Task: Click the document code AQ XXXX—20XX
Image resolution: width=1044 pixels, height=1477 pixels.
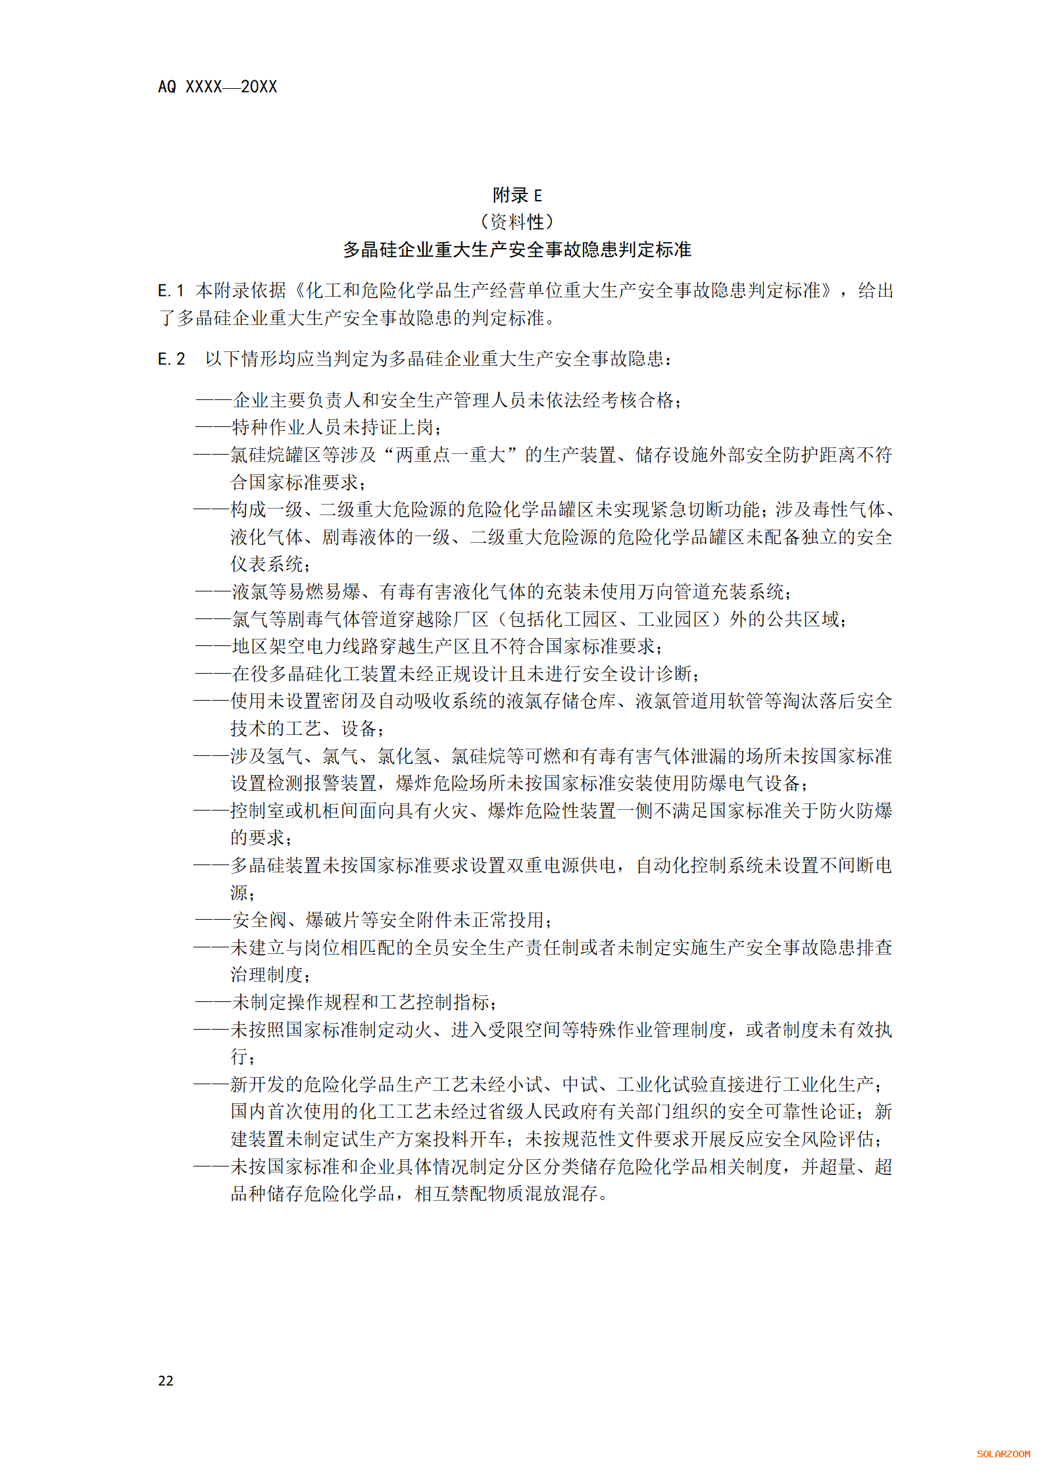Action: point(217,87)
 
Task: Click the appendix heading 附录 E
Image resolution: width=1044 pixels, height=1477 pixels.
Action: point(517,195)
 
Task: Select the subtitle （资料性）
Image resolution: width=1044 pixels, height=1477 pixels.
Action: point(517,222)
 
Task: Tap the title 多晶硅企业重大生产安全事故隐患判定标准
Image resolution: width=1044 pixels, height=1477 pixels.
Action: point(517,250)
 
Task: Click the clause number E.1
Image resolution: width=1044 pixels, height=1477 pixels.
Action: point(170,291)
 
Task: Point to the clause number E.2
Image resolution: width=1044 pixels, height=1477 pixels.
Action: point(171,359)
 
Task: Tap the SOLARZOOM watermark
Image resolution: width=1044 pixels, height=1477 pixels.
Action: point(1003,1454)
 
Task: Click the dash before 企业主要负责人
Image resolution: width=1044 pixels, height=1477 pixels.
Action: point(213,400)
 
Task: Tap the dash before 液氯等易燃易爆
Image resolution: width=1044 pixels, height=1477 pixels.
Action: point(213,591)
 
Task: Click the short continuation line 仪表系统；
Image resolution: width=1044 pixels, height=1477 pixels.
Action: point(270,564)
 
